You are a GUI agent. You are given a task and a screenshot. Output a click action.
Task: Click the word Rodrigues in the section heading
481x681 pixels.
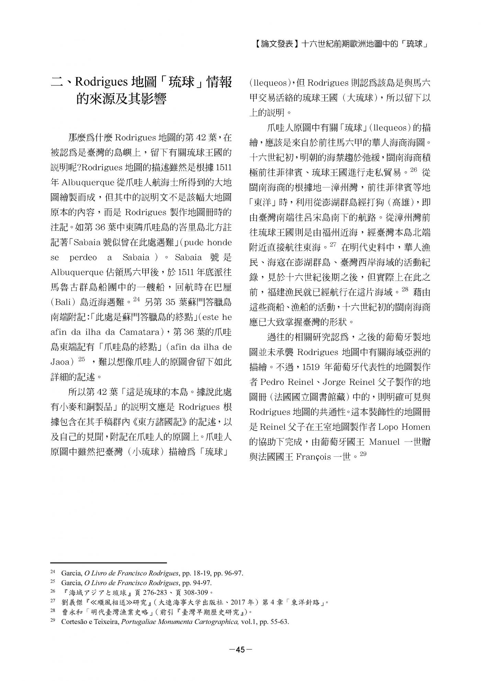(x=101, y=83)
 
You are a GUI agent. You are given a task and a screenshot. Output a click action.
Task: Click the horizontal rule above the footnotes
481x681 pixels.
(x=108, y=563)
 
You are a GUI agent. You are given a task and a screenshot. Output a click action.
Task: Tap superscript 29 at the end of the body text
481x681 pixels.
(x=363, y=454)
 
